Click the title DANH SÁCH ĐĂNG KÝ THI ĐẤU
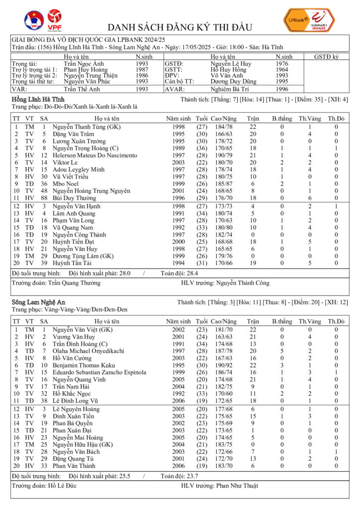pyautogui.click(x=180, y=27)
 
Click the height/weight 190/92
pyautogui.click(x=223, y=365)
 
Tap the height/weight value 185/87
pyautogui.click(x=223, y=183)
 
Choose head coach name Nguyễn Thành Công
pyautogui.click(x=243, y=283)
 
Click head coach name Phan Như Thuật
pyautogui.click(x=237, y=485)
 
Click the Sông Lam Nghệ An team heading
pyautogui.click(x=38, y=302)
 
